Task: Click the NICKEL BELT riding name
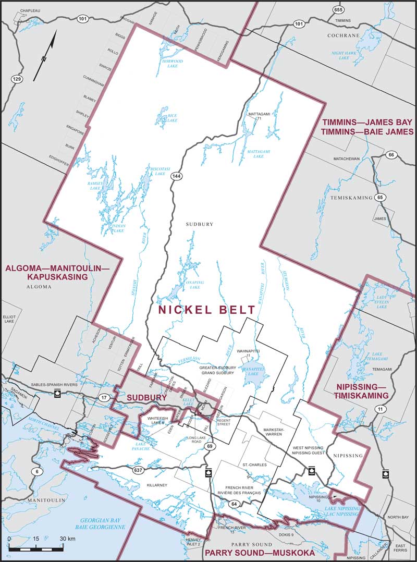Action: (x=207, y=310)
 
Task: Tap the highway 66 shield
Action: (x=391, y=155)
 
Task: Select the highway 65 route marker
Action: (x=381, y=198)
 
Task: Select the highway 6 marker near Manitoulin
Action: (x=36, y=472)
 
